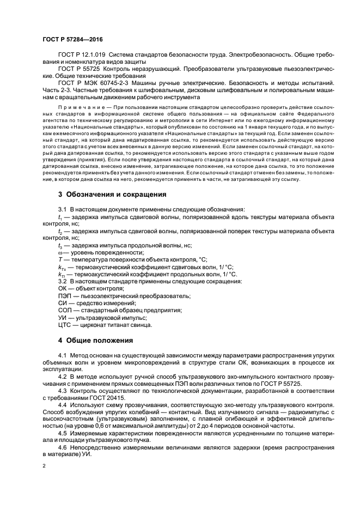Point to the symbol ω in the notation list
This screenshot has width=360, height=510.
coord(60,252)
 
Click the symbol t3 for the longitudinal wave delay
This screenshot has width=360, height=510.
coord(60,245)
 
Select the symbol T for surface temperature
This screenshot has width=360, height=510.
coord(60,259)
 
